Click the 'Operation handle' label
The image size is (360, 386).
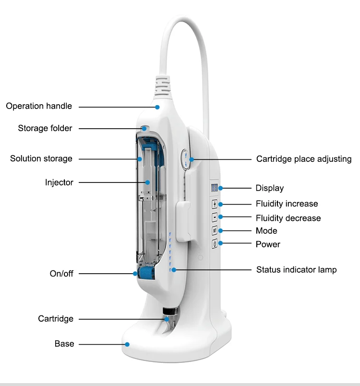point(39,106)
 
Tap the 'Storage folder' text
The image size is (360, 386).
point(45,128)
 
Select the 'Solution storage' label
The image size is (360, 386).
point(41,158)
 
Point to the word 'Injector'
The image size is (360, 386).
point(59,182)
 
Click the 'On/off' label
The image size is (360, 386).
point(61,274)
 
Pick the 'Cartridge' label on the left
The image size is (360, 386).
point(56,319)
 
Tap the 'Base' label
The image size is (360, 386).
point(64,344)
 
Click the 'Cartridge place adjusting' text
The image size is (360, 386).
point(304,159)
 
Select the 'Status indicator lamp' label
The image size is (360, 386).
point(296,270)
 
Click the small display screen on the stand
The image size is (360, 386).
point(214,188)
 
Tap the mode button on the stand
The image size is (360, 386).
point(215,231)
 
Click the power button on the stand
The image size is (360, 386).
point(215,244)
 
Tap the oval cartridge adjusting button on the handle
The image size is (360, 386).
point(186,159)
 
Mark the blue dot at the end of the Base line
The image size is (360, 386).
point(128,344)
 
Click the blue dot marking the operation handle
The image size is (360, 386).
point(157,107)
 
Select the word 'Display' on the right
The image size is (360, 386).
point(269,188)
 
